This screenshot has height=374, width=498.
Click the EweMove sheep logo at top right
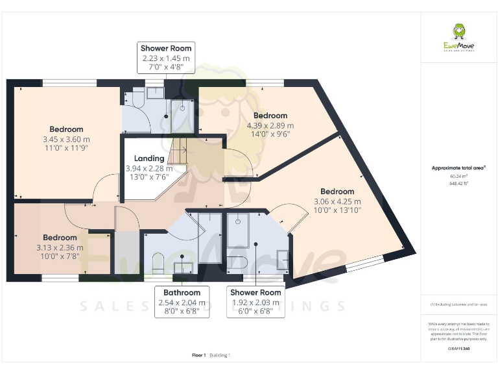pos(458,32)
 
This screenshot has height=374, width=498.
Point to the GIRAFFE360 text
pos(458,349)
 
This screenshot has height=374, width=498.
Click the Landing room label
pos(148,158)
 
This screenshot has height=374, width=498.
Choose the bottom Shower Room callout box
pos(257,302)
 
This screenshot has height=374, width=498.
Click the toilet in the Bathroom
pos(157,263)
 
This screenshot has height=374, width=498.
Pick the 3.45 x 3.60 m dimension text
pos(66,139)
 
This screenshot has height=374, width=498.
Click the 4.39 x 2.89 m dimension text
pos(270,125)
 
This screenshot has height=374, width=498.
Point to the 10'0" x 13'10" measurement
pos(337,210)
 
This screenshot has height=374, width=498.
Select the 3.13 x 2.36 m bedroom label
pos(60,247)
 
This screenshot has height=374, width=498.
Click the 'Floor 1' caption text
pos(199,355)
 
